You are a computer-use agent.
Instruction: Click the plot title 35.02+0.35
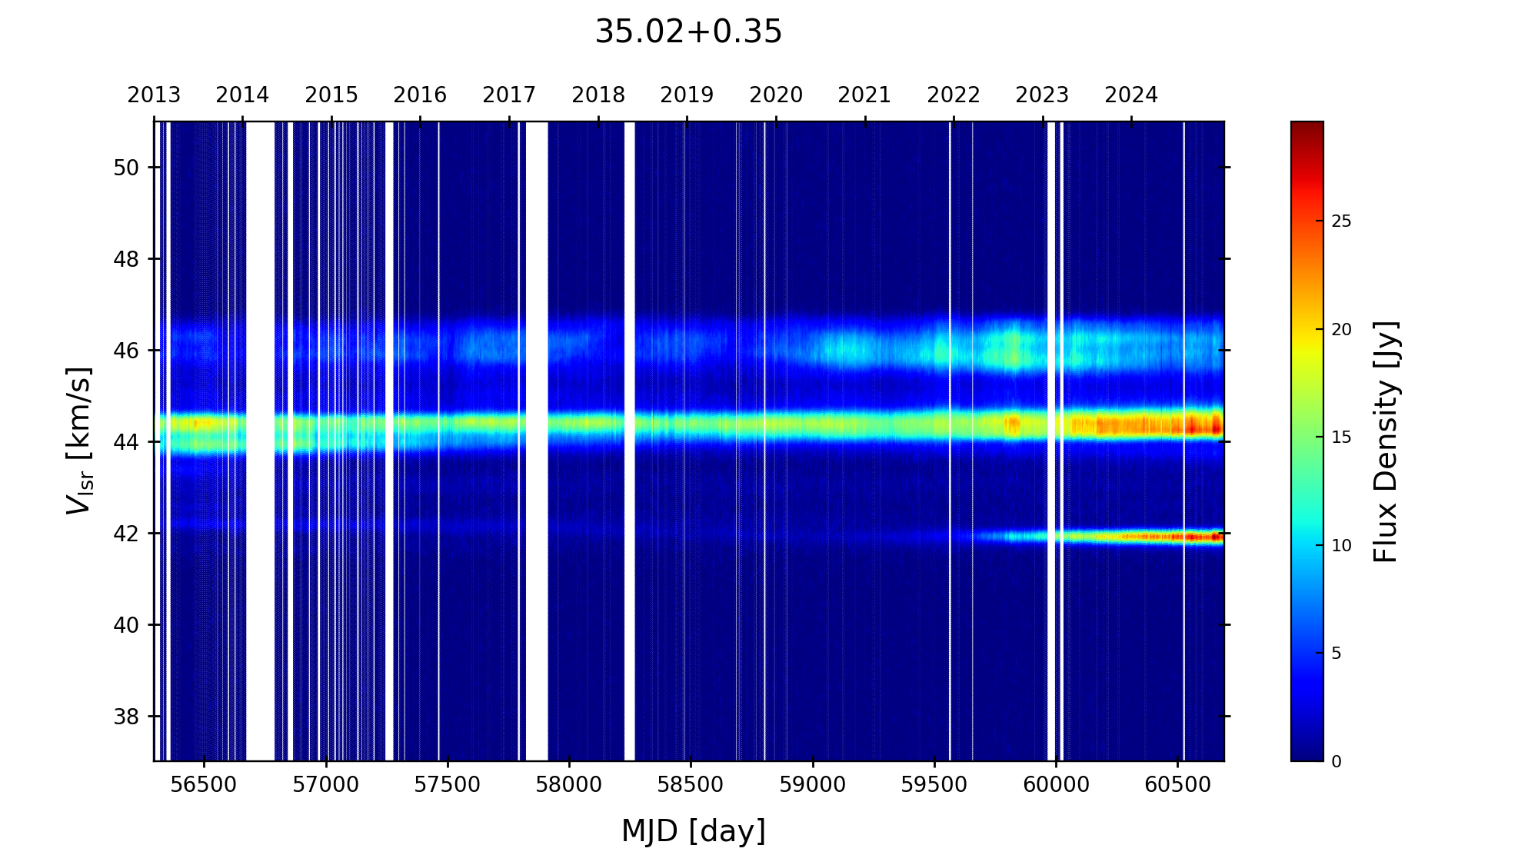click(x=688, y=32)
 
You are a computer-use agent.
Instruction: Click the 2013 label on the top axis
click(x=154, y=95)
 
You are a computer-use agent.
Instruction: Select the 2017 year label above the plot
click(x=509, y=95)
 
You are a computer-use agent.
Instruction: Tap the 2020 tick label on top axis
click(x=776, y=95)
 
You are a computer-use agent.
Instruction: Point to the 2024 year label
click(x=1131, y=95)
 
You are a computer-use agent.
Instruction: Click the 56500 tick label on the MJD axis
click(x=204, y=785)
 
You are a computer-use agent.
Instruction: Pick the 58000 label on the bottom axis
click(x=569, y=785)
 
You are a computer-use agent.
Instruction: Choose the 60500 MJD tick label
click(x=1177, y=785)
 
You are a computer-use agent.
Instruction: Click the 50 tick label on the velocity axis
click(x=126, y=168)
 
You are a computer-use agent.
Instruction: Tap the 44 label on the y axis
click(x=126, y=442)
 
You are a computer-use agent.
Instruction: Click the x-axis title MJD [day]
click(x=694, y=831)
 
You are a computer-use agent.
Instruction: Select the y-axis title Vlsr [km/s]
click(x=79, y=441)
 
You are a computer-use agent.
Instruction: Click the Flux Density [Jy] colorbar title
click(x=1386, y=441)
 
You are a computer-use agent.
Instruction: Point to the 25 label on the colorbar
click(x=1341, y=222)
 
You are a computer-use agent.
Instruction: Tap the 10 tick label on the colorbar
click(x=1341, y=546)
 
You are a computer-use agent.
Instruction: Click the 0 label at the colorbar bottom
click(x=1337, y=762)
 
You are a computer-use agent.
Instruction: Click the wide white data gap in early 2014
click(x=260, y=441)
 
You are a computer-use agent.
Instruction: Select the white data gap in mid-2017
click(x=537, y=441)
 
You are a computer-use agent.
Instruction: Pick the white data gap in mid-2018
click(x=630, y=441)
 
